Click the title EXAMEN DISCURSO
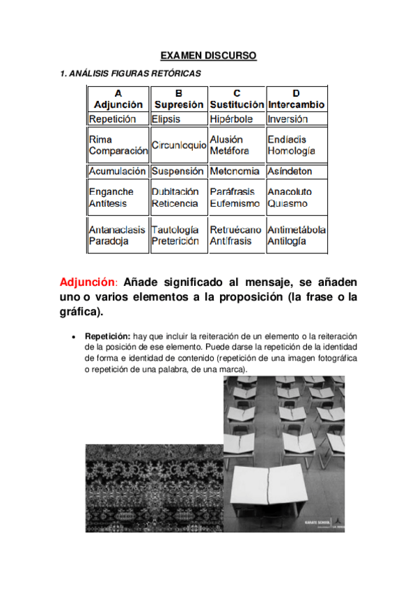click(x=208, y=55)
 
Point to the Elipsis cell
click(x=166, y=119)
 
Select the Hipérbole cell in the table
click(x=233, y=119)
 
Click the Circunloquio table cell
click(x=178, y=145)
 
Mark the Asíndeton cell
click(x=290, y=171)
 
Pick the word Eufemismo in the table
click(x=235, y=204)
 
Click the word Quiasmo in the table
click(x=288, y=204)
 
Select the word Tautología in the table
click(x=175, y=229)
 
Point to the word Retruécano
click(x=235, y=229)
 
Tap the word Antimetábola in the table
click(x=297, y=229)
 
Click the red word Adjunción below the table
click(x=88, y=283)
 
